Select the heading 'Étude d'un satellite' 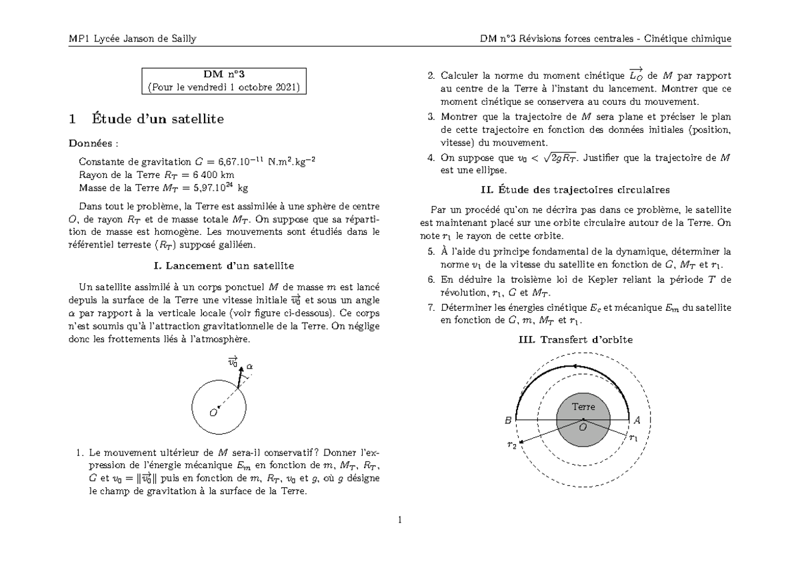point(155,119)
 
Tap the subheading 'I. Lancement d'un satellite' point(223,265)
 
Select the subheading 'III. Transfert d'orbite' point(575,339)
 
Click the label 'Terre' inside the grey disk point(583,407)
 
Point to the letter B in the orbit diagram point(508,421)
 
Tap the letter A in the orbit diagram point(637,421)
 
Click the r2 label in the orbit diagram point(511,445)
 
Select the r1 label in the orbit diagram point(633,438)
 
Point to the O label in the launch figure point(213,413)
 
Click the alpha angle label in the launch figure point(249,367)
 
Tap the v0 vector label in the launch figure point(233,362)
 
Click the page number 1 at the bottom point(400,521)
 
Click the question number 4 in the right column point(430,158)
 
